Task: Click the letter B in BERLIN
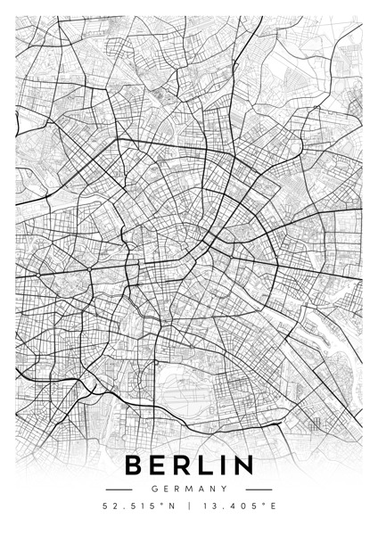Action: [135, 465]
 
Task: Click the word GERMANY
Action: [188, 489]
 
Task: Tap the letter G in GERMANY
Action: [154, 489]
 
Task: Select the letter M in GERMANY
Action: [188, 489]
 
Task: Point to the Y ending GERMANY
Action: [223, 489]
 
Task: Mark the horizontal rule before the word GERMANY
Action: [119, 490]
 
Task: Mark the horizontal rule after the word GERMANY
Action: [259, 490]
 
